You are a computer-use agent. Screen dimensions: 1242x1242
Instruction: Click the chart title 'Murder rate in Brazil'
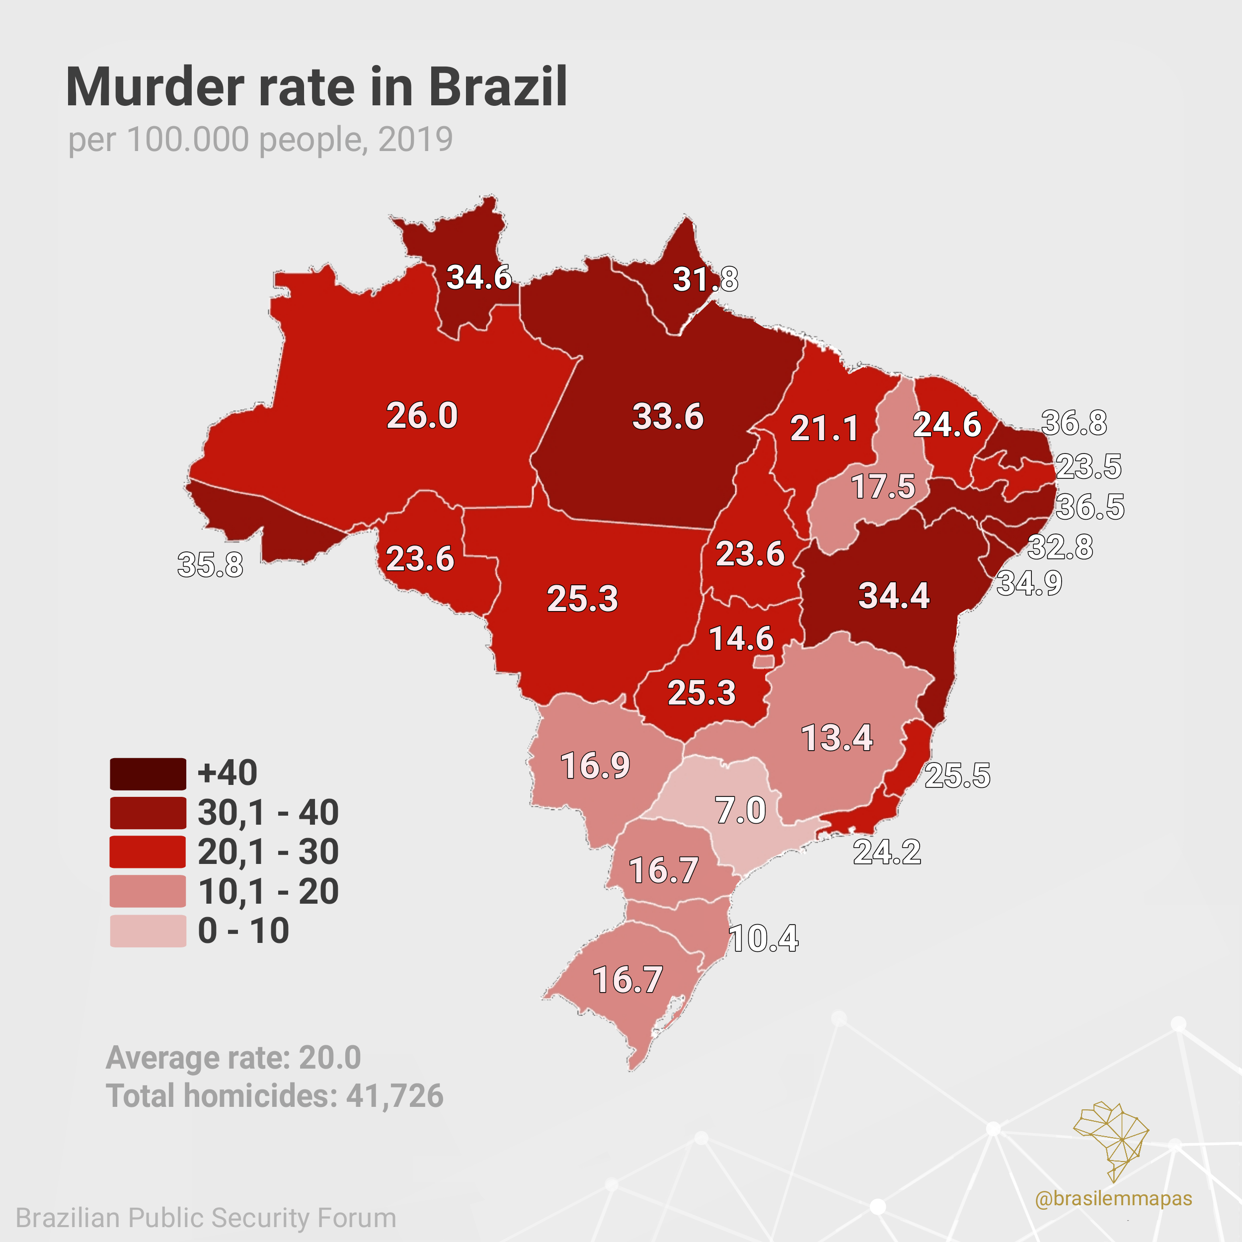(316, 87)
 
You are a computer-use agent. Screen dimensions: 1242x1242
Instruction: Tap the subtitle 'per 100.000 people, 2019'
(260, 140)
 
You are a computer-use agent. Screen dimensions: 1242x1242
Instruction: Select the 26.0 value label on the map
(422, 415)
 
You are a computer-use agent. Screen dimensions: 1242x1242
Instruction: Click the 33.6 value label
(668, 417)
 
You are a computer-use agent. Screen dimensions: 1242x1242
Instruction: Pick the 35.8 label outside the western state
(210, 565)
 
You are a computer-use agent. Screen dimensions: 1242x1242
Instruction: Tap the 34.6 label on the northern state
(479, 278)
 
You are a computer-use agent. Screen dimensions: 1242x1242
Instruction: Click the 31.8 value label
(705, 280)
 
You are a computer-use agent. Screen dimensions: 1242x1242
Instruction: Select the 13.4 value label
(837, 737)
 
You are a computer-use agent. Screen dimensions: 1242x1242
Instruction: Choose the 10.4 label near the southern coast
(764, 938)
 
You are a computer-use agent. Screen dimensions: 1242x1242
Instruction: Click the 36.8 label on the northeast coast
(1074, 423)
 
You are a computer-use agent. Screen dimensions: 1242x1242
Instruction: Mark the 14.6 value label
(741, 639)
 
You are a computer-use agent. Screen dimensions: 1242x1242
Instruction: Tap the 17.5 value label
(883, 487)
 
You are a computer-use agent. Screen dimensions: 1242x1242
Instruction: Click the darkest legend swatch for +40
(148, 774)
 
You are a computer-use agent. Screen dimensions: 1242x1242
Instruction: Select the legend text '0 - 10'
(243, 931)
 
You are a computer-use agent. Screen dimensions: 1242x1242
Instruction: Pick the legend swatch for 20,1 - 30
(148, 853)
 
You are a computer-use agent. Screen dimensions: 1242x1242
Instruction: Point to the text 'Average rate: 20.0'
(233, 1058)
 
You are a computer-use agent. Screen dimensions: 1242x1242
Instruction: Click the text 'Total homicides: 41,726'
(275, 1096)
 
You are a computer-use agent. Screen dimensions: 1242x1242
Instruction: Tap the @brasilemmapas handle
(1113, 1198)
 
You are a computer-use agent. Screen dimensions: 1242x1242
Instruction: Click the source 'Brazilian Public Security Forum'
(206, 1218)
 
